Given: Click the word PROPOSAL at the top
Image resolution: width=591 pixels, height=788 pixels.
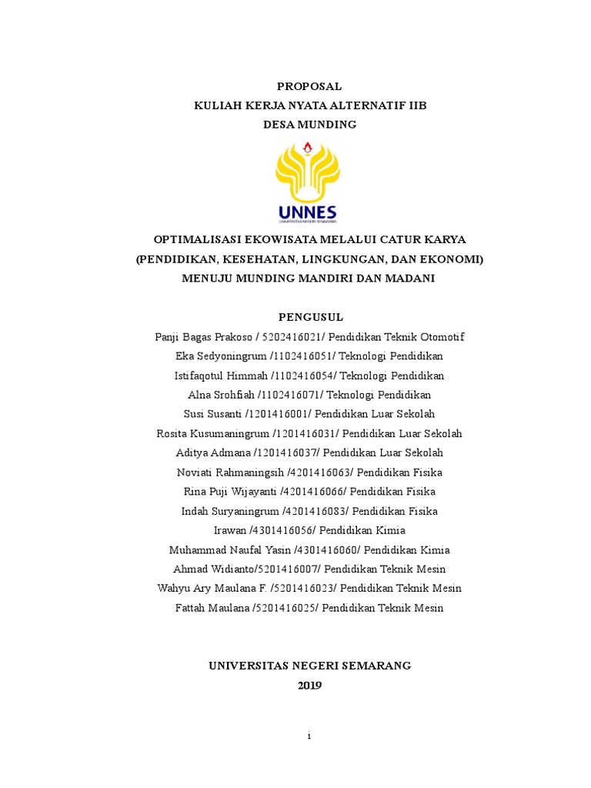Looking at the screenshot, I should tap(309, 86).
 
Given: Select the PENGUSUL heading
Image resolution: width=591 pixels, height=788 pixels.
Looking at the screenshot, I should tap(309, 317).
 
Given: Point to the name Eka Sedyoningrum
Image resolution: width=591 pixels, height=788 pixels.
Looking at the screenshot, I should tap(221, 356).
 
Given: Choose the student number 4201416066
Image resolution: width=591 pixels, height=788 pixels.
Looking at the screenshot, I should tap(316, 491).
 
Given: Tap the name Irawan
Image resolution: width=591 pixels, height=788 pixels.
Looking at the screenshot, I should tap(230, 530).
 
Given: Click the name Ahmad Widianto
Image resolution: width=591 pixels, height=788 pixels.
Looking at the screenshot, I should tap(215, 569).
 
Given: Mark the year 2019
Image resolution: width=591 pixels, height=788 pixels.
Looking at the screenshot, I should tap(309, 685).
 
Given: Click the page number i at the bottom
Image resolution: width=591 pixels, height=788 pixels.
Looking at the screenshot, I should tap(309, 736).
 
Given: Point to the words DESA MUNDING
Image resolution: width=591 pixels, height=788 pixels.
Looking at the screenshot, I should tap(309, 125).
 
